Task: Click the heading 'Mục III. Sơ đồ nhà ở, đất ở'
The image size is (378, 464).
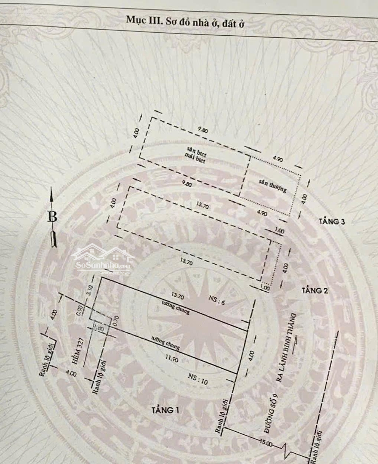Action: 186,21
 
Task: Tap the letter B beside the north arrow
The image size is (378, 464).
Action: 52,217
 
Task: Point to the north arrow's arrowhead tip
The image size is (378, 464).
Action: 52,189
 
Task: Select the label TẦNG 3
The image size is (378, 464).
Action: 332,222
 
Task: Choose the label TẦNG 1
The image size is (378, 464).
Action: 165,409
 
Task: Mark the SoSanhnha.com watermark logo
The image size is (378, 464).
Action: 103,260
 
